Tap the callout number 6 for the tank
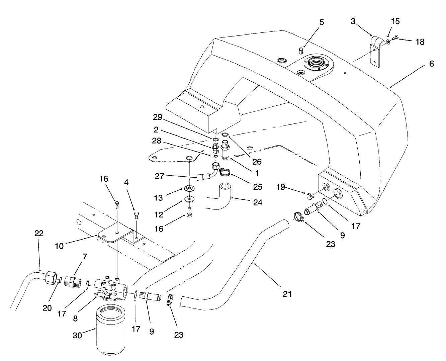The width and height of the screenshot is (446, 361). click(431, 64)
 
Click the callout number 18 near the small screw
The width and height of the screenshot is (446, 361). click(420, 42)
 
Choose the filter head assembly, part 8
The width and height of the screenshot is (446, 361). click(110, 287)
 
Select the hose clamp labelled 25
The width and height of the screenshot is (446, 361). click(225, 173)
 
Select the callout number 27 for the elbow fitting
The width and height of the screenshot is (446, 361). click(159, 175)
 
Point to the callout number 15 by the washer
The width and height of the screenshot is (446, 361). click(395, 21)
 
